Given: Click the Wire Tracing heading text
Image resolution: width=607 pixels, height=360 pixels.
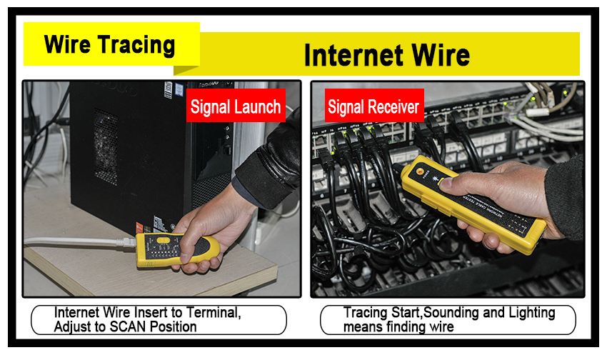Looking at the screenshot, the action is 109,44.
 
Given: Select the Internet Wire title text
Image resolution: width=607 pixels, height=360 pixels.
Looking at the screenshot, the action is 387,55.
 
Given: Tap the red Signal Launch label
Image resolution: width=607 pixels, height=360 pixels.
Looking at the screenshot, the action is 236,106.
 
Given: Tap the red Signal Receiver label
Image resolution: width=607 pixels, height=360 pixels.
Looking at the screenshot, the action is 374,106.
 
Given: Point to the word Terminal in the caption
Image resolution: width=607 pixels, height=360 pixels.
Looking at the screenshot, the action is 214,312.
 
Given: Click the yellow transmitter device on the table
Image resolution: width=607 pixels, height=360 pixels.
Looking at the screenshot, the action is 177,250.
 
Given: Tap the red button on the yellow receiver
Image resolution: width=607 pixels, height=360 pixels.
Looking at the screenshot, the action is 419,171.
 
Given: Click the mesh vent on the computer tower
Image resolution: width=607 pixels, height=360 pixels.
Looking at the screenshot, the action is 105,146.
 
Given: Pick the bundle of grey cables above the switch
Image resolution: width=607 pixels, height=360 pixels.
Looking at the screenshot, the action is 550,120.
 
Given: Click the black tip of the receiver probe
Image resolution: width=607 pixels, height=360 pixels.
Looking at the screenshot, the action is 398,169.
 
